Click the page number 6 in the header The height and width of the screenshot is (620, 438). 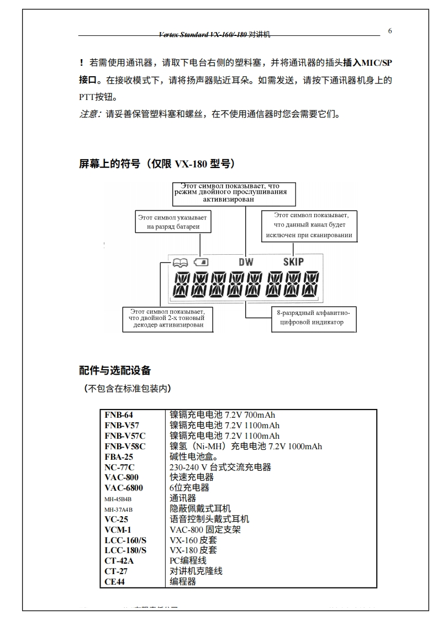[x=390, y=31]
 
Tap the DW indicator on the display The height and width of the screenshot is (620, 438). [x=246, y=261]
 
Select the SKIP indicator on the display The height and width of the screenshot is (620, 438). [x=293, y=261]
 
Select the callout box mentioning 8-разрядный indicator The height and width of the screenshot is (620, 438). [x=313, y=318]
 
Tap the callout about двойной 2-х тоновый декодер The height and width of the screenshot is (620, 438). [x=168, y=319]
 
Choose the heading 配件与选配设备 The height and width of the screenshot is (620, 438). [x=115, y=370]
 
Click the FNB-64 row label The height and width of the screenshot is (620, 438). [x=119, y=415]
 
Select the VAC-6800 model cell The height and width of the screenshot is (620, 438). [x=124, y=488]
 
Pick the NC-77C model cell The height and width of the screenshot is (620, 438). [x=119, y=467]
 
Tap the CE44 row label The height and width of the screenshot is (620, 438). [x=116, y=581]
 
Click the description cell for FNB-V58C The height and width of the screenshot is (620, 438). [x=245, y=446]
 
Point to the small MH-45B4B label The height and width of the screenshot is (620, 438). [x=118, y=498]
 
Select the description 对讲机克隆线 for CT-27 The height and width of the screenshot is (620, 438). [x=196, y=571]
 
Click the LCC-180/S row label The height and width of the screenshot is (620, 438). [x=125, y=550]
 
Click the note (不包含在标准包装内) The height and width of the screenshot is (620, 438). [x=126, y=388]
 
